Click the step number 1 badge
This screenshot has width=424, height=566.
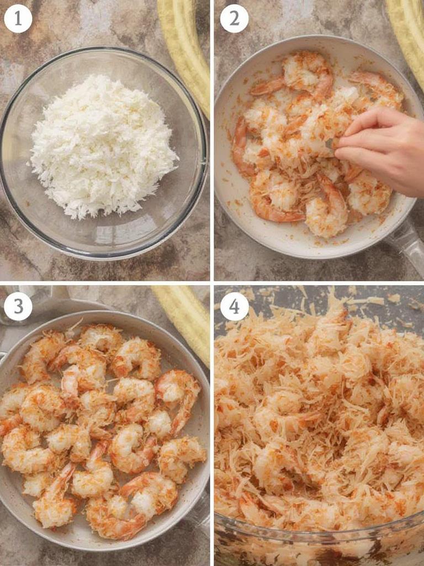click(x=18, y=18)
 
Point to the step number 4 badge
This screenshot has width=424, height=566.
click(x=234, y=306)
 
